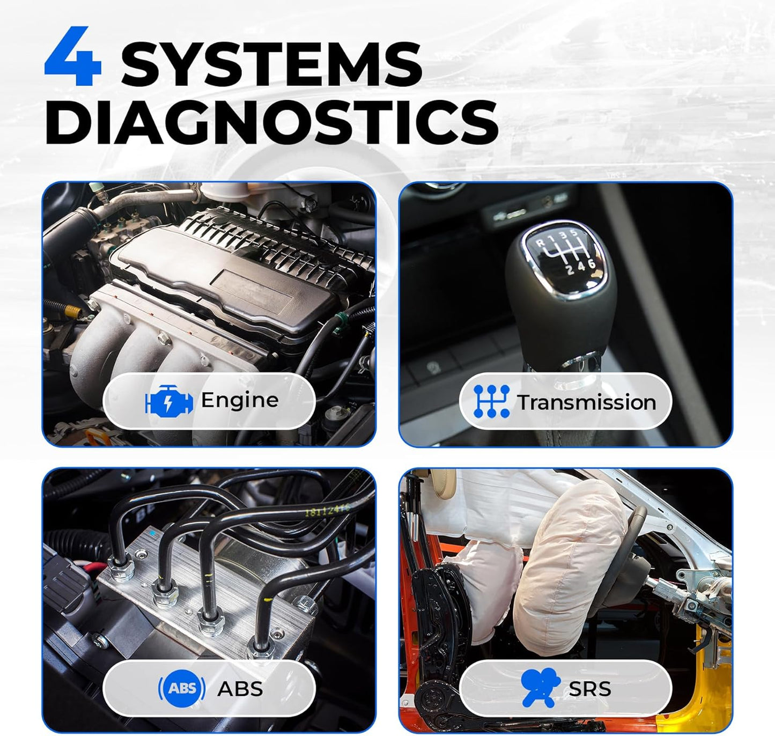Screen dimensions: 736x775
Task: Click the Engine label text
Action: click(x=239, y=400)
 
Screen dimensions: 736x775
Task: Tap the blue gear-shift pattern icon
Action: click(x=491, y=401)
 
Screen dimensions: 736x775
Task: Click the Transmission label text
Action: click(x=586, y=402)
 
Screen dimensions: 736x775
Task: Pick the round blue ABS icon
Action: click(x=182, y=688)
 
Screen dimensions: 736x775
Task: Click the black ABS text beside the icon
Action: click(x=240, y=689)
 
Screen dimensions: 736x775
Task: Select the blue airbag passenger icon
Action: click(x=540, y=688)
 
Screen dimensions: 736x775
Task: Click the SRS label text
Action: click(x=589, y=689)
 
